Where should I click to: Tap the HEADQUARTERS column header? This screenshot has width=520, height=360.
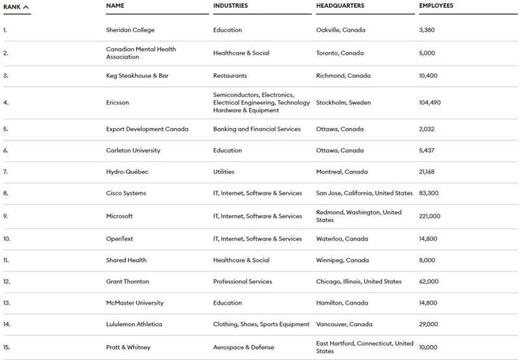(x=340, y=6)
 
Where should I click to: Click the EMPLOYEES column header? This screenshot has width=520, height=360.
(x=436, y=6)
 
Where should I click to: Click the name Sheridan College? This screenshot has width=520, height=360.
(x=130, y=30)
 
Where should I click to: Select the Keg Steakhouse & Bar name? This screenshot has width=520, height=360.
(x=137, y=76)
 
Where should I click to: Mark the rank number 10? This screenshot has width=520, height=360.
(x=7, y=239)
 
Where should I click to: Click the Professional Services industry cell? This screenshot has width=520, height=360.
(x=242, y=282)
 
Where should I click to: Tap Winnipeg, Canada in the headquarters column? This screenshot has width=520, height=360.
(x=343, y=261)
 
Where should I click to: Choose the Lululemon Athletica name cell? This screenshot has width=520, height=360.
(x=134, y=324)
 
